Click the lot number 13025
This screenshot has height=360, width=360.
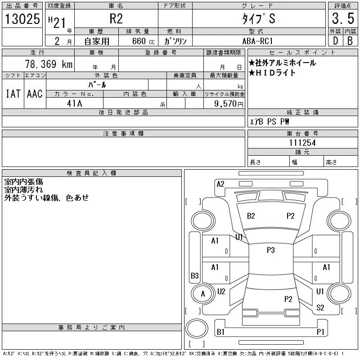coord(22,19)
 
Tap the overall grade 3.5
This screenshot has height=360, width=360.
coord(343,18)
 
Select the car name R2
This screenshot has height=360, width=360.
coord(116,18)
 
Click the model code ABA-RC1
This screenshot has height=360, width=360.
coord(257,41)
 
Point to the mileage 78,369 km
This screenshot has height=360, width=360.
coord(49,64)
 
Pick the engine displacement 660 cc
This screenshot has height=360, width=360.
coord(143,41)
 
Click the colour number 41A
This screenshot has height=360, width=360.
coord(74,103)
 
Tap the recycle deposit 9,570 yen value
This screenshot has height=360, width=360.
coord(229,104)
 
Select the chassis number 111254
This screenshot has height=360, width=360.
coord(302,143)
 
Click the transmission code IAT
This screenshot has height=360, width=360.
coord(13,94)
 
